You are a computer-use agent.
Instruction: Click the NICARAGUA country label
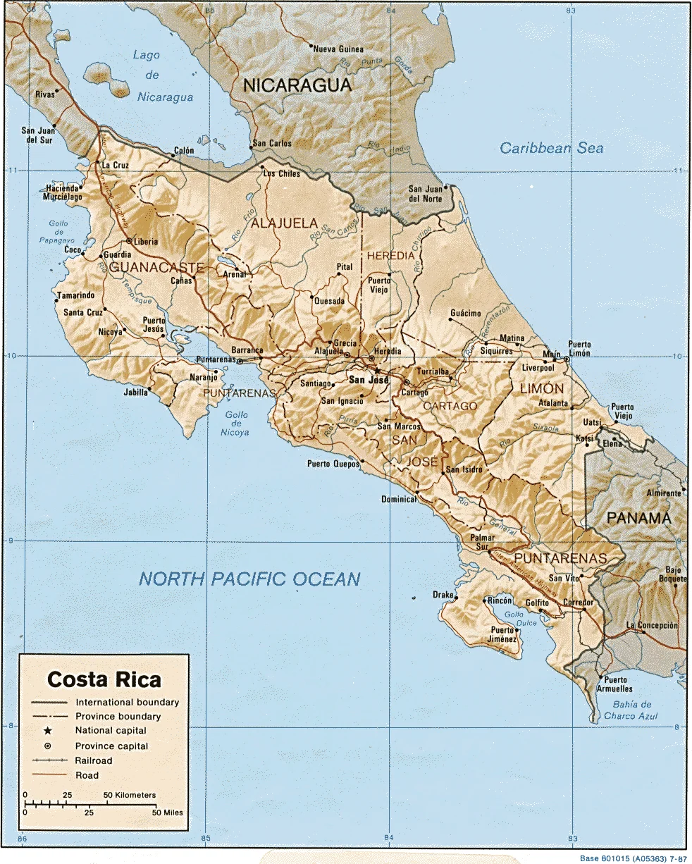297,86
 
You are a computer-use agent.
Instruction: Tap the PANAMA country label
638,518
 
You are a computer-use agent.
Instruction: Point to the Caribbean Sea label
552,148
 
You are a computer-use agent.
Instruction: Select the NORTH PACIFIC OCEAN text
249,579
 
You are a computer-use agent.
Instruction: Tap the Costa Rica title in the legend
104,680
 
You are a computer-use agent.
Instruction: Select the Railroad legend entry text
94,760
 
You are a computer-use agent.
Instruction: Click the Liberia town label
146,242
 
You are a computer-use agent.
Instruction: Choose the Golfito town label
537,603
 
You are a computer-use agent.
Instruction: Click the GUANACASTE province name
156,268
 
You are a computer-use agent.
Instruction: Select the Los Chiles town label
281,173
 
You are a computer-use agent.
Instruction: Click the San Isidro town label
464,470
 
